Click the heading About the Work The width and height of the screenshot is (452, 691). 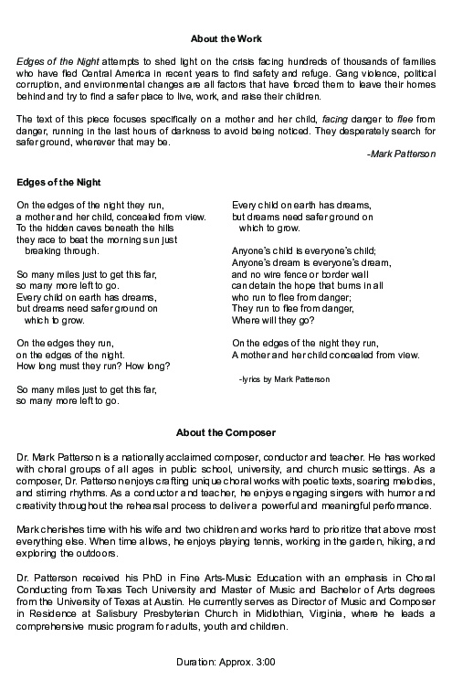point(226,38)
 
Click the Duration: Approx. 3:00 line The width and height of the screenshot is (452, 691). point(226,660)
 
